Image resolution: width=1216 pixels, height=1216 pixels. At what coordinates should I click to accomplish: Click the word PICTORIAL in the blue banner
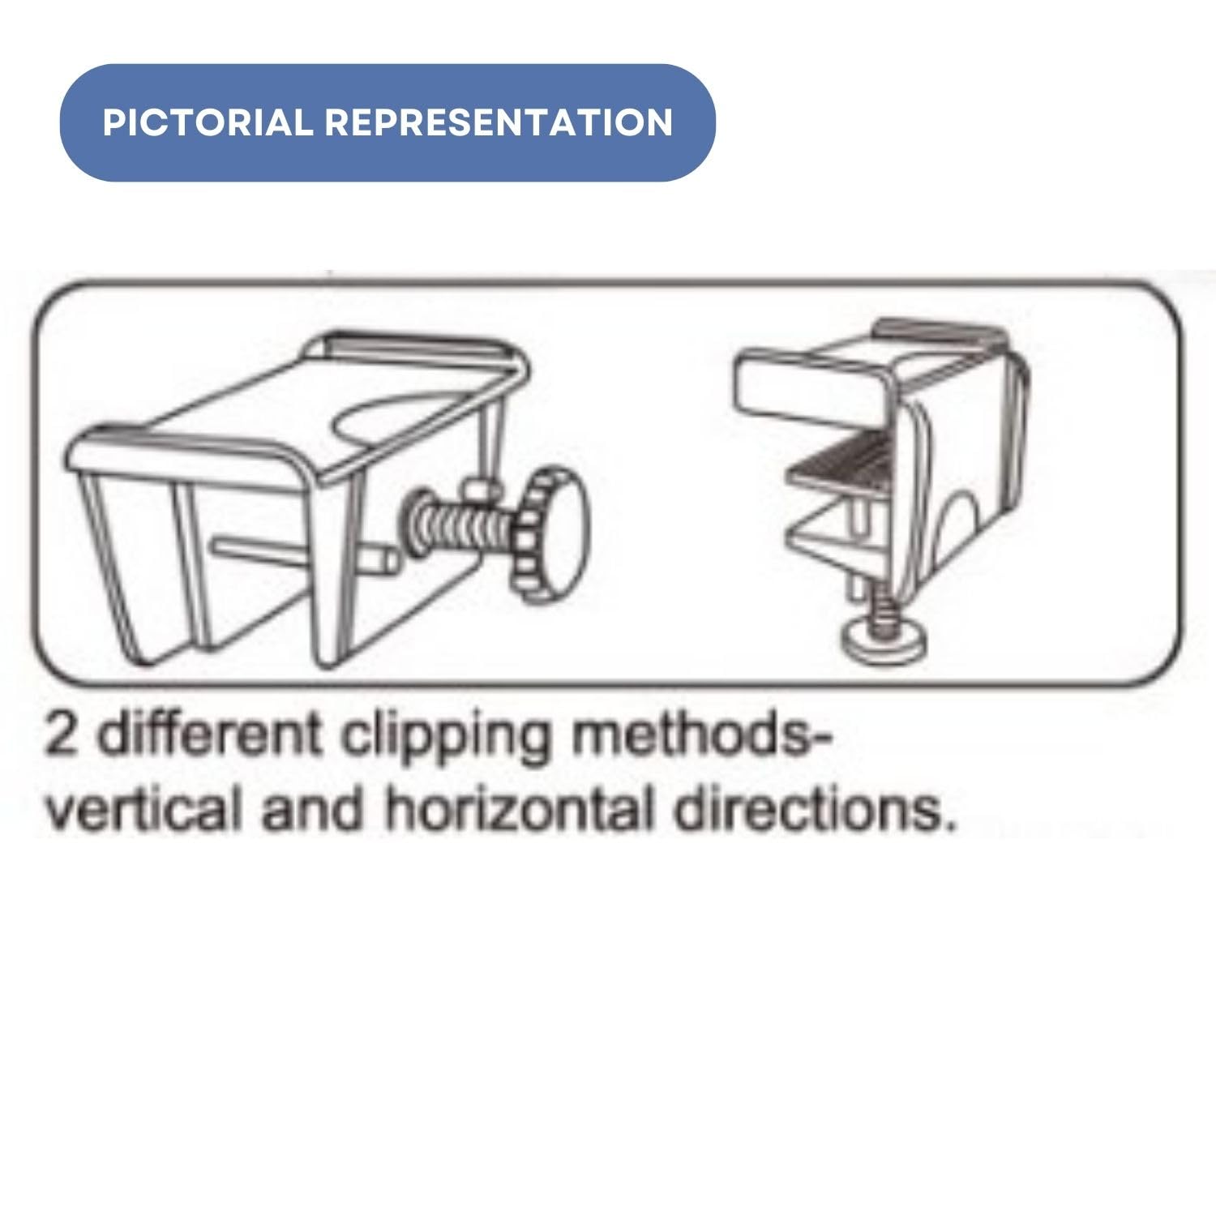point(208,122)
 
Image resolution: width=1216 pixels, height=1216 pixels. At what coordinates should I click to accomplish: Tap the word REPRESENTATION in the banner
point(499,122)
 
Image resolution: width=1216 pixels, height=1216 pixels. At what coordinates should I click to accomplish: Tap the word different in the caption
point(209,734)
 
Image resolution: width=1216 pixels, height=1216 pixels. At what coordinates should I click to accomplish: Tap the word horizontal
point(519,809)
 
